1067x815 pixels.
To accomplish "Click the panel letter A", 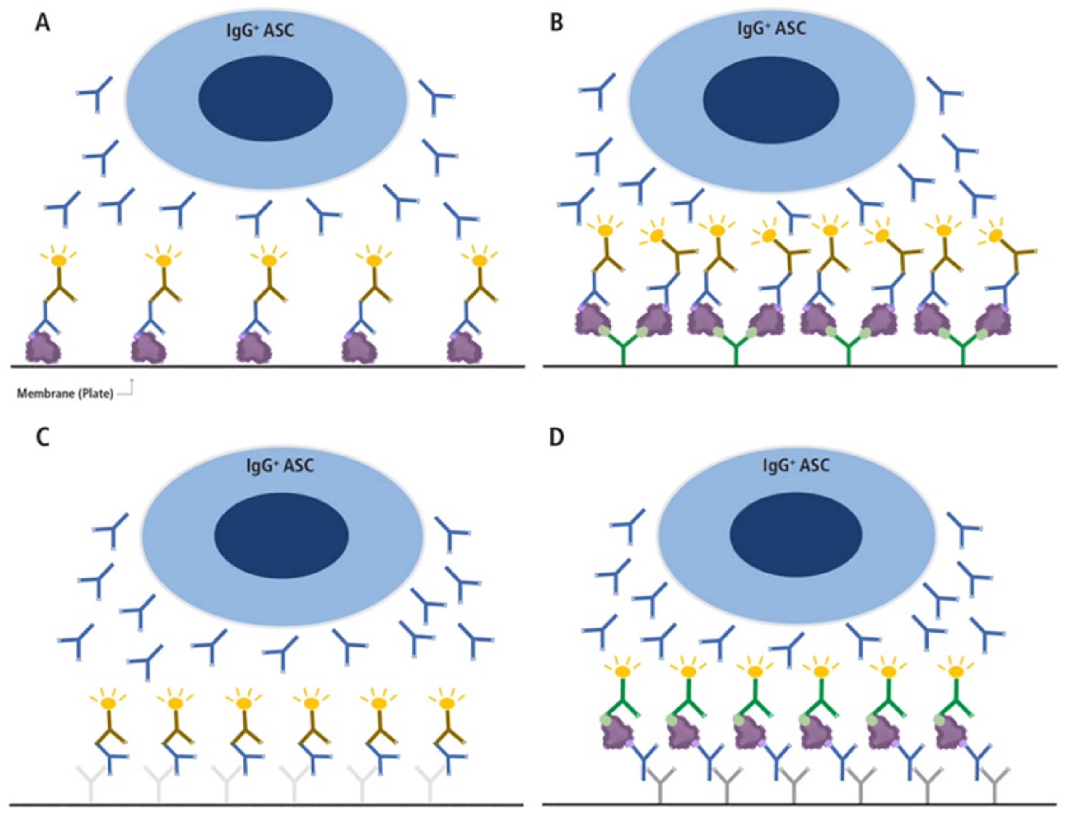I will pyautogui.click(x=43, y=23).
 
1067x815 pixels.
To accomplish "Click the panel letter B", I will pyautogui.click(x=557, y=23).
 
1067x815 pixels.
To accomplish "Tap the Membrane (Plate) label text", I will pyautogui.click(x=65, y=394).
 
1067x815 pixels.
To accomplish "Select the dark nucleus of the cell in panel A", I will pyautogui.click(x=265, y=98).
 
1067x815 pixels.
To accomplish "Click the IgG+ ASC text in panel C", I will pyautogui.click(x=280, y=466).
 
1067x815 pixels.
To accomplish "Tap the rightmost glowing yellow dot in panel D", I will pyautogui.click(x=956, y=672).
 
